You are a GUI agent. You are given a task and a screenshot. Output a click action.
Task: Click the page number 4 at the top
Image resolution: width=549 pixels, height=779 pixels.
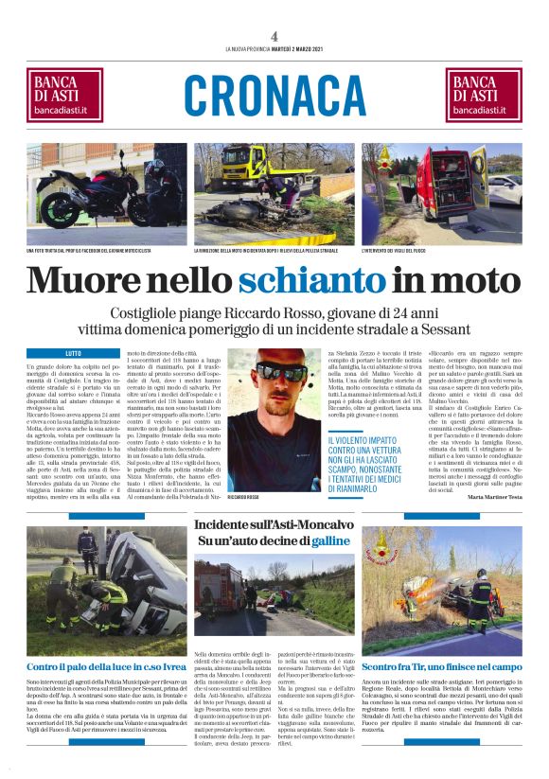[274, 36]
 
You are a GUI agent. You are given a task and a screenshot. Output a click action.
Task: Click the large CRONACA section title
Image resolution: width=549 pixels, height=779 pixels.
[274, 97]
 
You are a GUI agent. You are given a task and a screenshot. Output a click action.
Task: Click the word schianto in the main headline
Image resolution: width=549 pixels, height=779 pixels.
[304, 280]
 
